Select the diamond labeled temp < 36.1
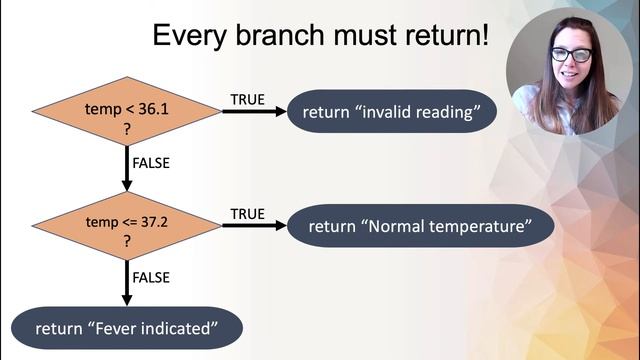(126, 112)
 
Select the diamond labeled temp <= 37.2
(126, 226)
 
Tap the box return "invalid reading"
(392, 112)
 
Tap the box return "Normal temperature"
(419, 226)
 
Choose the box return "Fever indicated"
(126, 328)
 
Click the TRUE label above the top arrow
(248, 99)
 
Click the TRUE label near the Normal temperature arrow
(248, 213)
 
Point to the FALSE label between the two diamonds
(151, 161)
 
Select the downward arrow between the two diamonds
(126, 168)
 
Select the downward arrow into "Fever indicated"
(126, 284)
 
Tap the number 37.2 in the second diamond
(155, 217)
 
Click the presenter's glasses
(571, 54)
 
